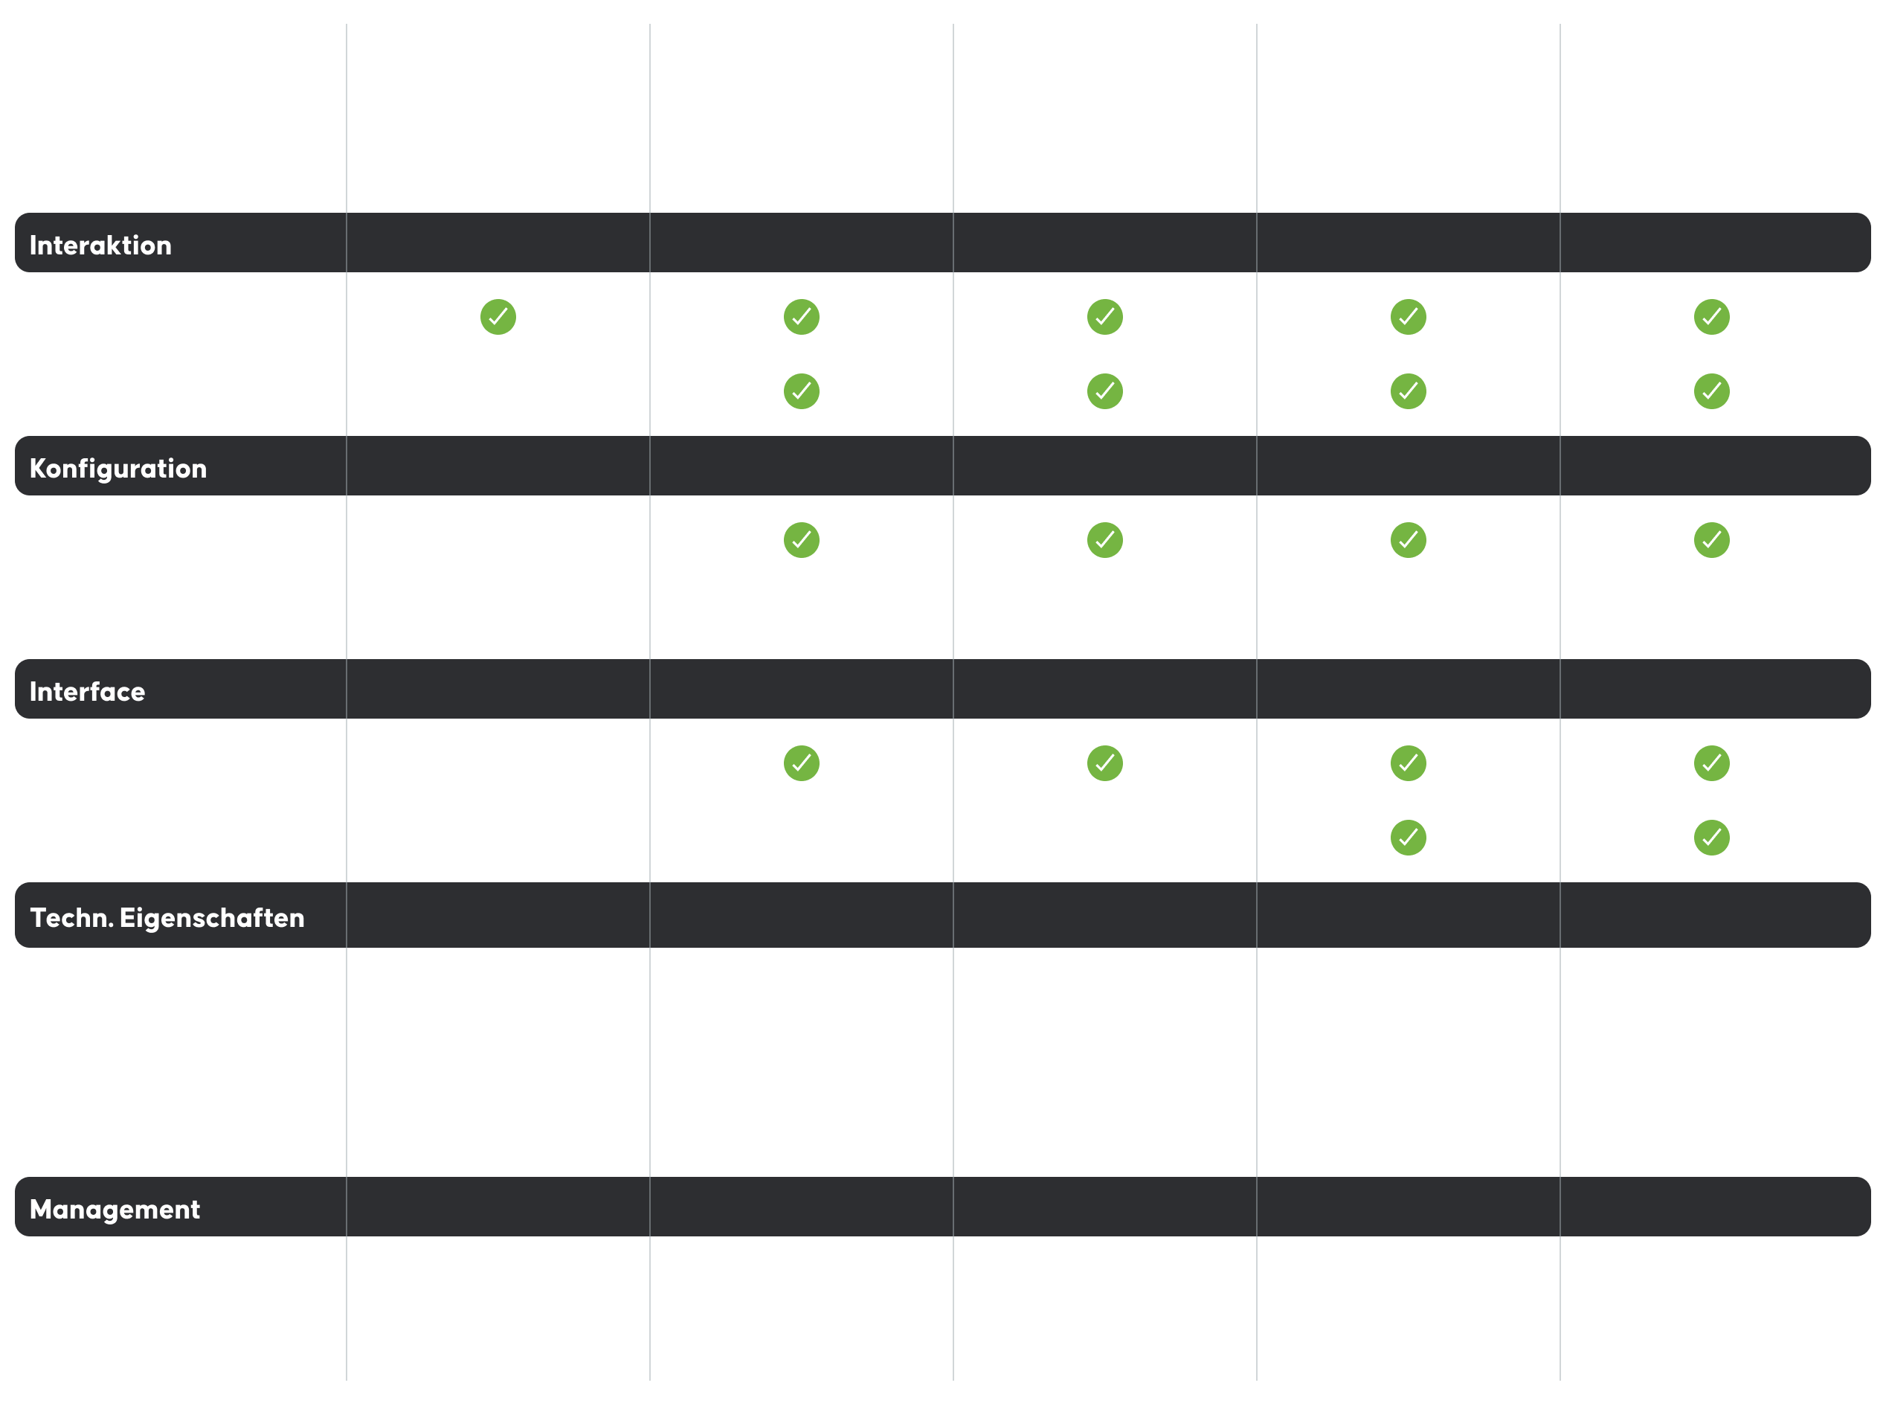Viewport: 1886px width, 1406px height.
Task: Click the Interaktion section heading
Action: click(x=100, y=245)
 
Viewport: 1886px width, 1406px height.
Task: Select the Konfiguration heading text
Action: click(x=118, y=469)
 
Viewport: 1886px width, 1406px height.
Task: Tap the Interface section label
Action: click(x=88, y=692)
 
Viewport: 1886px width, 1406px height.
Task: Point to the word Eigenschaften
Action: click(x=212, y=918)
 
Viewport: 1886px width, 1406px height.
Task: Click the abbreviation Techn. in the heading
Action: click(x=71, y=918)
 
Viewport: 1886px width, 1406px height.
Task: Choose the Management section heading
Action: click(x=115, y=1210)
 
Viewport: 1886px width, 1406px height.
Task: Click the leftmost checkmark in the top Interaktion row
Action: click(x=498, y=318)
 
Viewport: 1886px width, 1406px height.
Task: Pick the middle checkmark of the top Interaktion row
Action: click(x=1105, y=318)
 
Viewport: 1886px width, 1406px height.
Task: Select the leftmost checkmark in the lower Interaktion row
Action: click(x=802, y=391)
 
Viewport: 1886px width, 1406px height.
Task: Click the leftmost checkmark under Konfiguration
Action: click(x=802, y=540)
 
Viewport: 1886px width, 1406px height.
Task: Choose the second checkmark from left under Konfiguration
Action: click(x=1105, y=540)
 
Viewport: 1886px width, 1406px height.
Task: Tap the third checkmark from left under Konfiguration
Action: click(x=1409, y=540)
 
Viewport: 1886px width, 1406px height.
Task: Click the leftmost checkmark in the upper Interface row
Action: click(x=802, y=763)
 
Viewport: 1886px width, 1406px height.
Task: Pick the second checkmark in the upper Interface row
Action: click(x=1105, y=763)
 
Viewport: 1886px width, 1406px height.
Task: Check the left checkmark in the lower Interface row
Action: click(x=1409, y=838)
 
